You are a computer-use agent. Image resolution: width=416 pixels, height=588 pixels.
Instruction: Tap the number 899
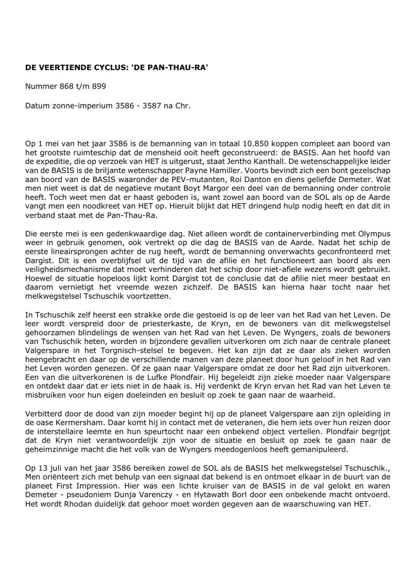99,87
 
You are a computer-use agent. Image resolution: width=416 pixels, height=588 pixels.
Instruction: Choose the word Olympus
376,234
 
